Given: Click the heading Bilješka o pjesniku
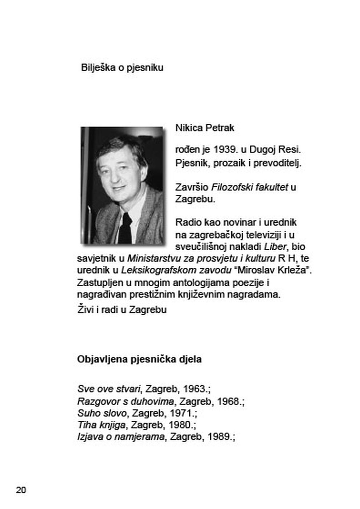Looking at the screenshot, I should click(x=122, y=67).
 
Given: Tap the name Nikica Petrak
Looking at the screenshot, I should click(x=205, y=128).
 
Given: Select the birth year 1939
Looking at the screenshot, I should click(x=225, y=149).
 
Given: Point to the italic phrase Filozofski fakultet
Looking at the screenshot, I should click(x=250, y=187).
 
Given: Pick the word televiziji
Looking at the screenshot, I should click(x=265, y=235).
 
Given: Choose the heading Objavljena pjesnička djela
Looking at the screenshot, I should click(x=139, y=359).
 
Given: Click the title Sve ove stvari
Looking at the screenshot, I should click(x=109, y=389).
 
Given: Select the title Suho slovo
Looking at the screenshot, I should click(x=102, y=413).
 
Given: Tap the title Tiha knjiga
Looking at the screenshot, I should click(x=101, y=424).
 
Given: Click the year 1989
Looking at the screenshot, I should click(x=219, y=436).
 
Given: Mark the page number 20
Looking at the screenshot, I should click(x=21, y=490).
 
